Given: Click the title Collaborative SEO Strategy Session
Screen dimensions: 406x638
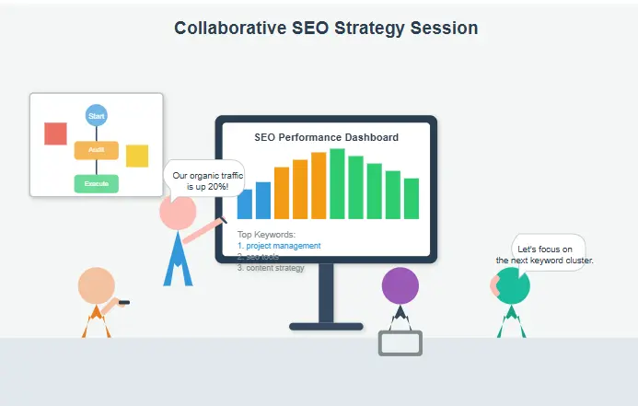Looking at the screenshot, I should point(326,29).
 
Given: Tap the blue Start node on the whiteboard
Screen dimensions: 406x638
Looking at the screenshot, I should point(97,116).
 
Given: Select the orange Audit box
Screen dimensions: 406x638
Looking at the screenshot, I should point(97,150).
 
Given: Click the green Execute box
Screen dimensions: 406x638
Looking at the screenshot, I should point(97,183).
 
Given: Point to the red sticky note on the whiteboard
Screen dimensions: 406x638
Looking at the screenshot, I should point(55,133).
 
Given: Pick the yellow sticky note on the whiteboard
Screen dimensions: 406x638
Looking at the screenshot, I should point(137,156).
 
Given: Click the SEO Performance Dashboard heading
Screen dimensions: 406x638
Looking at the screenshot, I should point(326,137).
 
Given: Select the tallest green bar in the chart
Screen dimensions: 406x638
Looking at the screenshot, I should point(337,184).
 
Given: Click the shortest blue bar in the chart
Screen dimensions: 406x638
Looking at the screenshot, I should point(245,203).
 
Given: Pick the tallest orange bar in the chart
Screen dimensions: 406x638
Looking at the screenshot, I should point(319,186).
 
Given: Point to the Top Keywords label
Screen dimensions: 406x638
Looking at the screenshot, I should point(266,235).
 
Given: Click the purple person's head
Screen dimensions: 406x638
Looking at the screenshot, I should point(400,285).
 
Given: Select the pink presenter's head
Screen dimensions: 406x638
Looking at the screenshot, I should point(177,213).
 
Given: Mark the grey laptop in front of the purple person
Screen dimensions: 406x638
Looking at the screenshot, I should point(400,342).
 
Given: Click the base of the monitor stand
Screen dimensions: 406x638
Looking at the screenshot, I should point(326,326).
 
